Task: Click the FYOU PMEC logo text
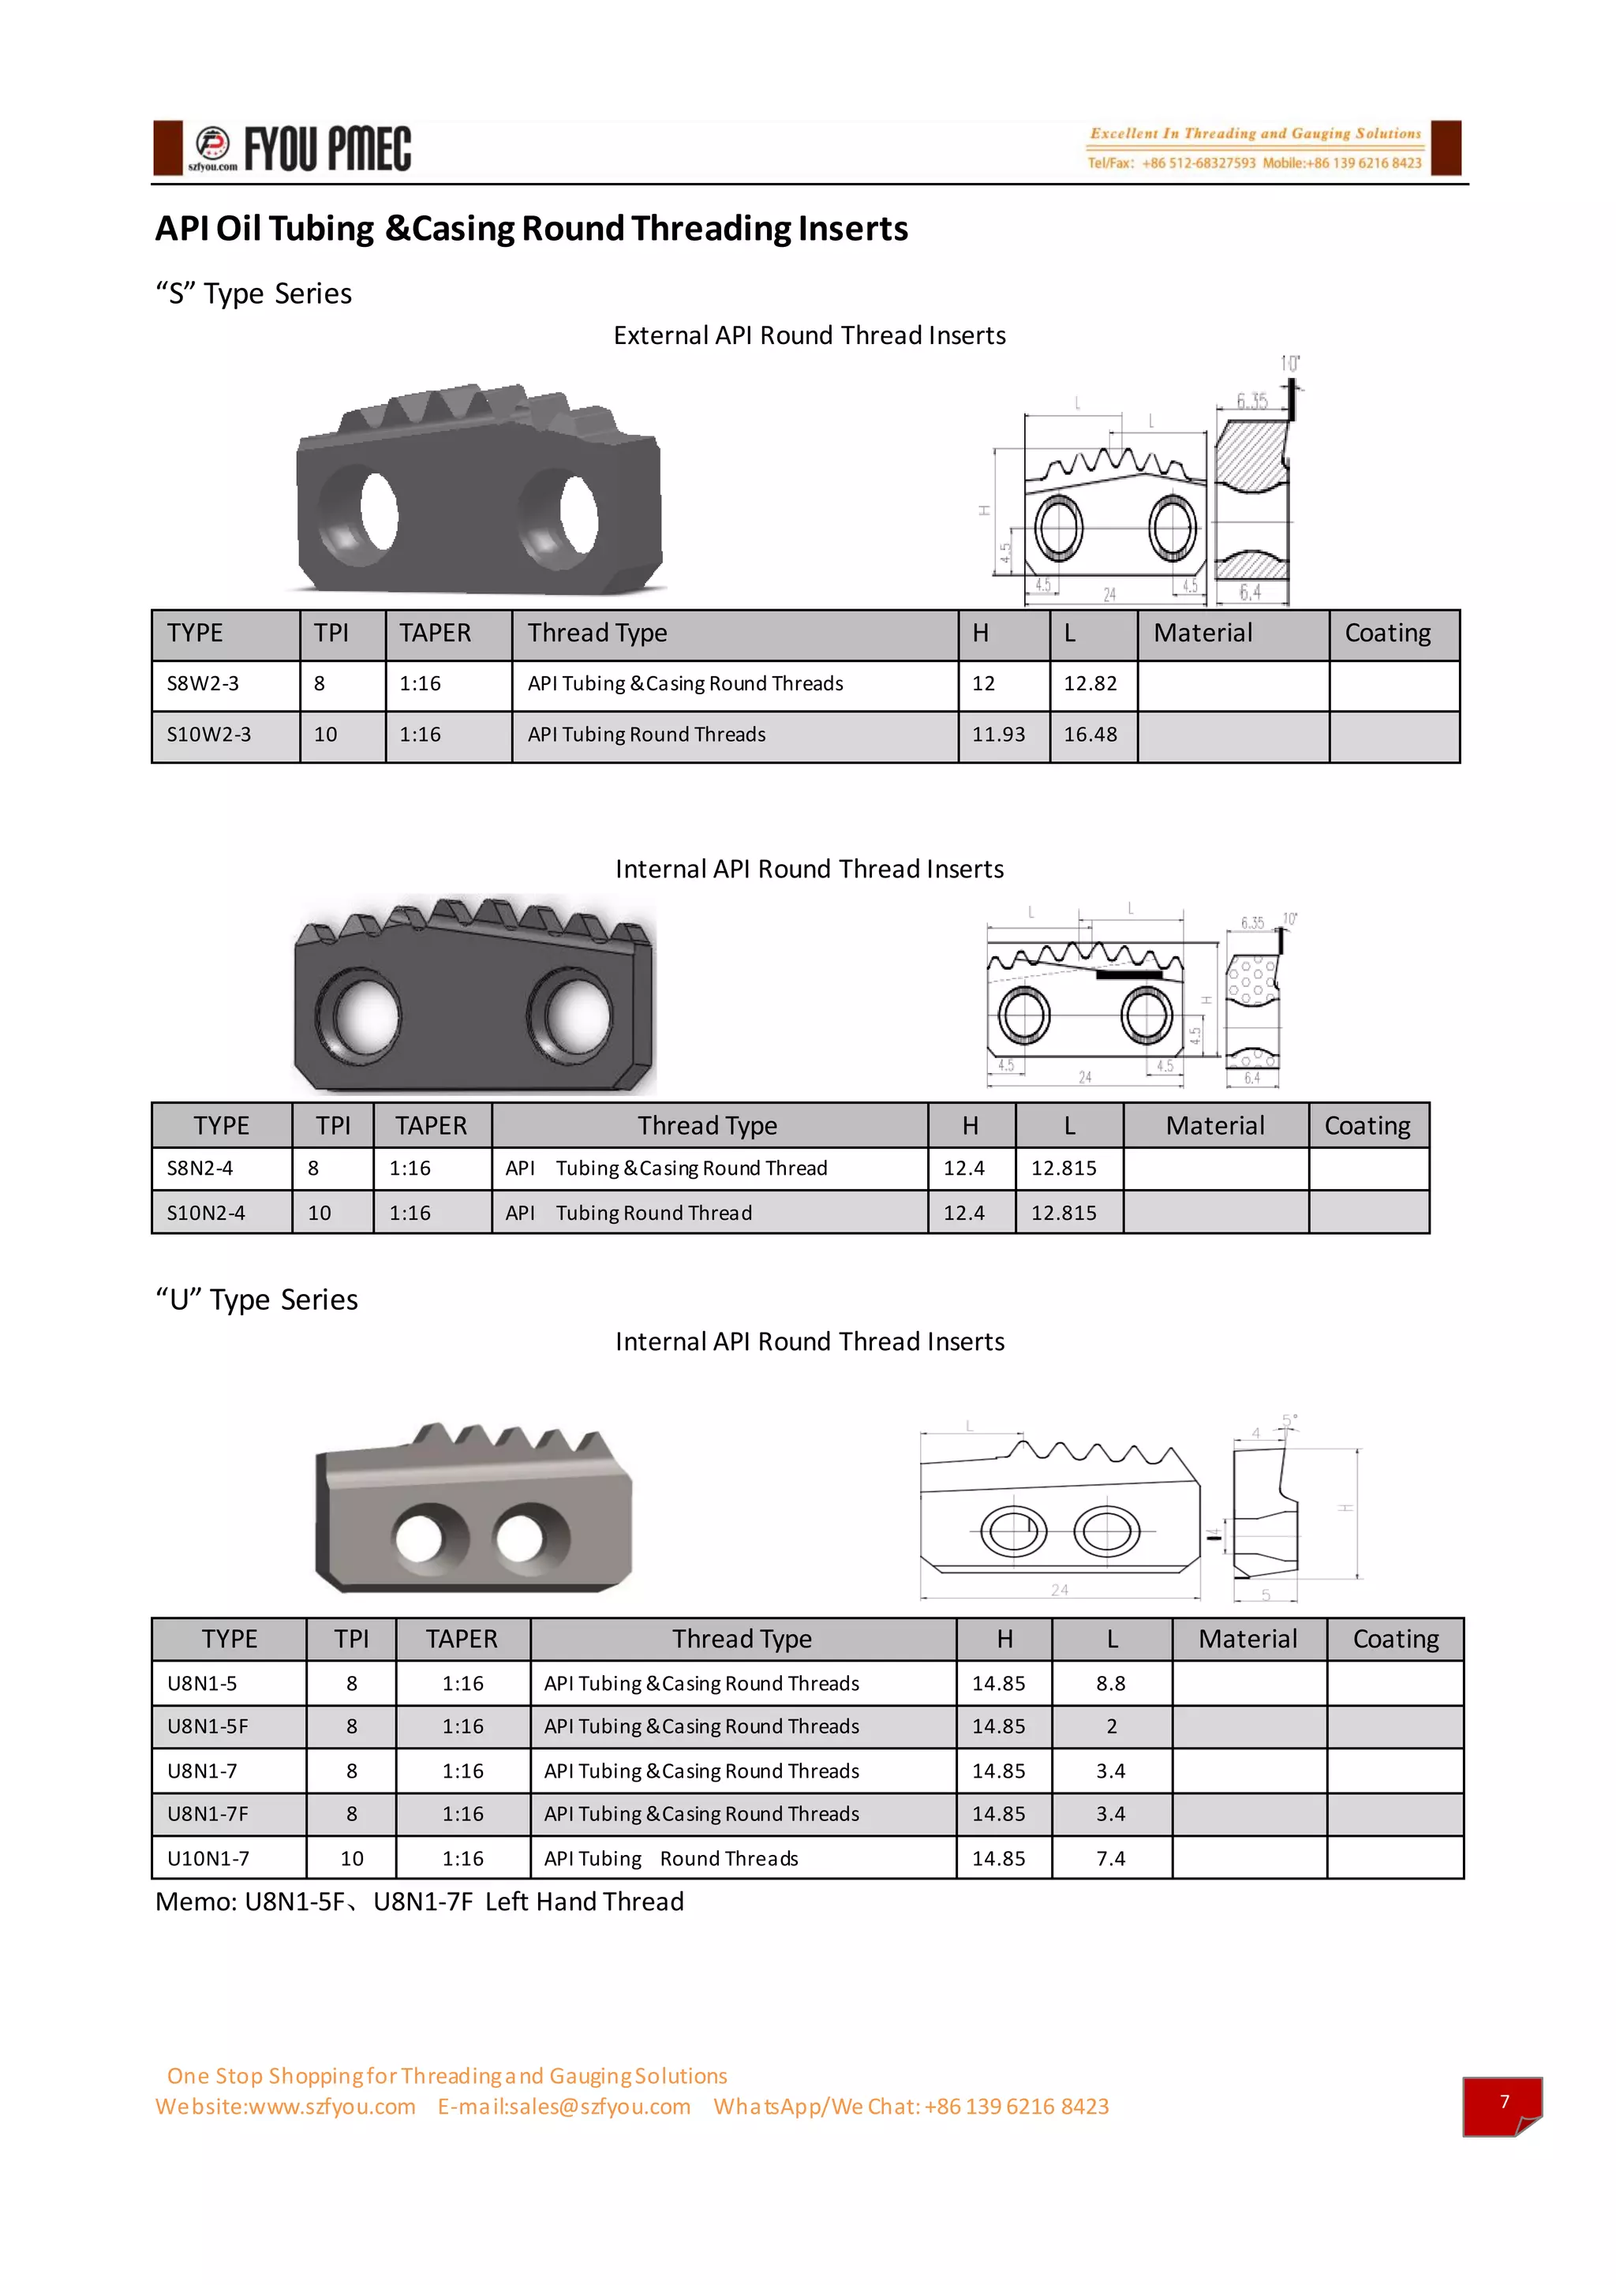pos(327,149)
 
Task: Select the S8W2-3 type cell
pos(203,684)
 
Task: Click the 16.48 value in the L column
pos(1090,735)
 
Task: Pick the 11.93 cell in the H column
pos(998,735)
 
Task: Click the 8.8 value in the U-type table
pos(1110,1684)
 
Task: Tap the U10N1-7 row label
pos(208,1859)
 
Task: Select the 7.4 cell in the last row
pos(1110,1859)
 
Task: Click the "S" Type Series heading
pos(254,294)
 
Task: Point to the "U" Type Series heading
pos(256,1300)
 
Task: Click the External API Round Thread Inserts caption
pos(809,335)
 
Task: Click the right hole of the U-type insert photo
pos(519,1539)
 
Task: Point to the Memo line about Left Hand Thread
pos(419,1902)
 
